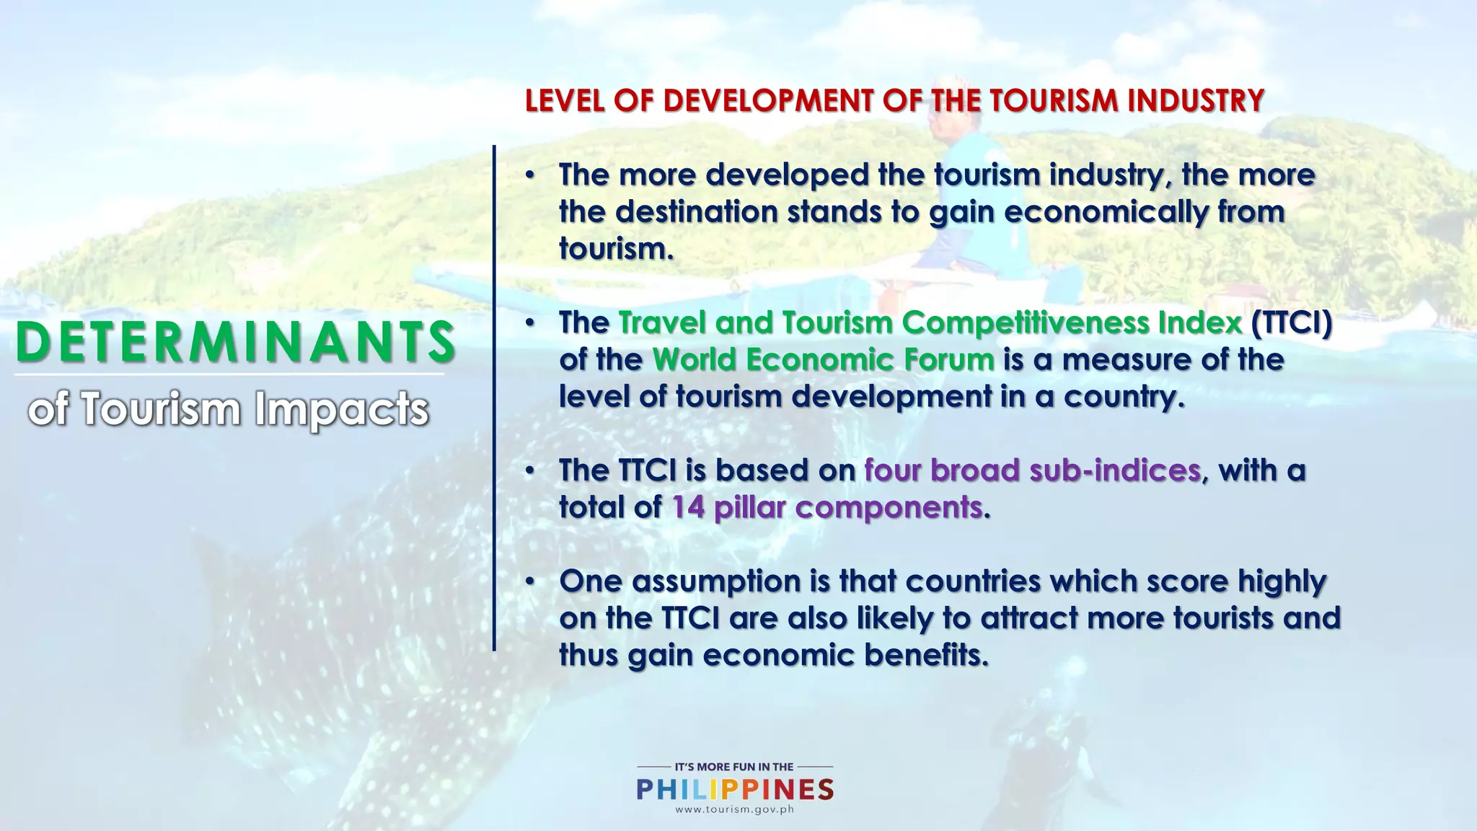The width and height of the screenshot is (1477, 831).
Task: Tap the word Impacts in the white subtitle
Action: click(341, 409)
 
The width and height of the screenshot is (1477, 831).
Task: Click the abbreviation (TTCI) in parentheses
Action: click(1291, 322)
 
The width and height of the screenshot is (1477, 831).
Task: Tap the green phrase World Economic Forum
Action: click(824, 359)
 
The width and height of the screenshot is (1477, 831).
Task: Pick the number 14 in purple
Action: click(688, 507)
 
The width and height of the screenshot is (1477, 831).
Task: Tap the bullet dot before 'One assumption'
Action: click(530, 581)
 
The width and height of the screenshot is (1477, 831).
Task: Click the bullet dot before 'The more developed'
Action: click(530, 175)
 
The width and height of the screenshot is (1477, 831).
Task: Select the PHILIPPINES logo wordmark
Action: click(735, 789)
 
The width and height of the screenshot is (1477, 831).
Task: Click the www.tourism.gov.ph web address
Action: click(735, 809)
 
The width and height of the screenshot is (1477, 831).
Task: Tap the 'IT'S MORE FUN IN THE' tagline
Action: click(734, 767)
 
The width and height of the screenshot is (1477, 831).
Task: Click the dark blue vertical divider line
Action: click(494, 397)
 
